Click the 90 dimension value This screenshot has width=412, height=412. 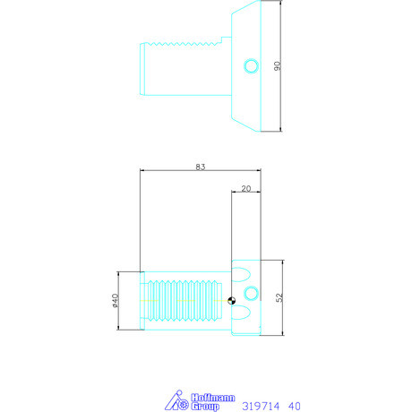click(x=278, y=67)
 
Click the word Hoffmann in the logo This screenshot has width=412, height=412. click(x=209, y=397)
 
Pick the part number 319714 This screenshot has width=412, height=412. click(x=262, y=406)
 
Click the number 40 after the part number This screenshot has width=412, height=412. click(x=295, y=406)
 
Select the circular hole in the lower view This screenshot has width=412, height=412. click(x=252, y=293)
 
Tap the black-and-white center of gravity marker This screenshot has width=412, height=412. click(x=233, y=301)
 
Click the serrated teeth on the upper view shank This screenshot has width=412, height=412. click(x=183, y=43)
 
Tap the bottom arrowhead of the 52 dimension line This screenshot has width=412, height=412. click(x=282, y=336)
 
